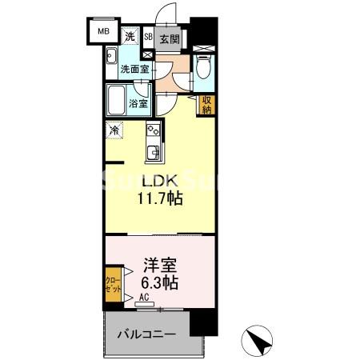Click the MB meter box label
103,32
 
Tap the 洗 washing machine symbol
130,35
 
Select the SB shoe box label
148,37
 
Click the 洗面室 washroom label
134,69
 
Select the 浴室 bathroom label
138,102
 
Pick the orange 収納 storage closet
206,104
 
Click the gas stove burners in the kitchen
153,130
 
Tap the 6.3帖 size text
159,282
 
